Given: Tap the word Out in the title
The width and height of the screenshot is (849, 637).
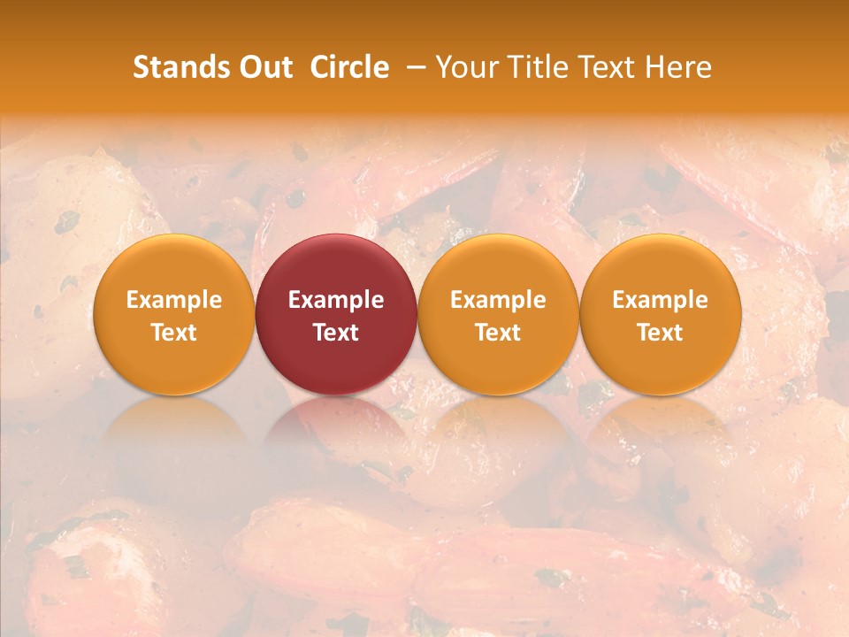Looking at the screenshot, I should coord(265,67).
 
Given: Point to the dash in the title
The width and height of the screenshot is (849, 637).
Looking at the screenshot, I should coord(412,67).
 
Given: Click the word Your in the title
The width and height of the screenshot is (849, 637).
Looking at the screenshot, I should coord(467,67).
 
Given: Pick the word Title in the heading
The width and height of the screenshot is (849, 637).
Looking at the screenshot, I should coord(536,67).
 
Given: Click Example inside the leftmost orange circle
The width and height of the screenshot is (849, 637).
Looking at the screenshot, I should coord(174,300).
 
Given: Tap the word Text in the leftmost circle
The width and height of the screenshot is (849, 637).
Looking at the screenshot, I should coord(174,333).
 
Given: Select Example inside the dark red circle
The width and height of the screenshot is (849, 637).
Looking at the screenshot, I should coord(336,300).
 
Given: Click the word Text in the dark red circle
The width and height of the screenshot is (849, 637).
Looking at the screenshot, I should coord(336,333).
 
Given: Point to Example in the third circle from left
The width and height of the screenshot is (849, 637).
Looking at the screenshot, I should coord(498,300).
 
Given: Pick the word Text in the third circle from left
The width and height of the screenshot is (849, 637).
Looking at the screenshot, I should coord(498,333).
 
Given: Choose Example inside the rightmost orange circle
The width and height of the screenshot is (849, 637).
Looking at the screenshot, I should coord(660,300).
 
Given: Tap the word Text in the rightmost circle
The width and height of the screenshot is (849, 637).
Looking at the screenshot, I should coord(660,333).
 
